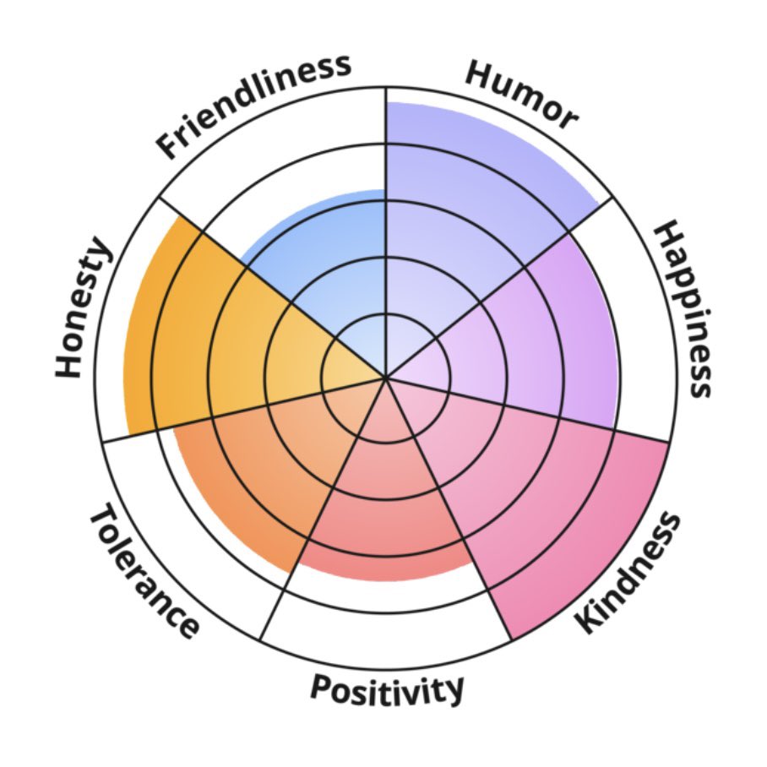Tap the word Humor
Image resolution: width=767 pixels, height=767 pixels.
pos(521,95)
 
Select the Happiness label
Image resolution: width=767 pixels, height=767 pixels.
pos(683,309)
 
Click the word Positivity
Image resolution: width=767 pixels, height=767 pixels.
pos(387,689)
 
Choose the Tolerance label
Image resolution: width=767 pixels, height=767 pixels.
pos(144,571)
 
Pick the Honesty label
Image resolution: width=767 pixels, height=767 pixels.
pos(82,307)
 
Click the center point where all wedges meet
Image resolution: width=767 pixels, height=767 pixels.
pos(386,378)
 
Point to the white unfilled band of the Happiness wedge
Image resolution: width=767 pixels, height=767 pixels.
pos(641,318)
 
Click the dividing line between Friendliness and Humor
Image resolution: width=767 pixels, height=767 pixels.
pos(386,233)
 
